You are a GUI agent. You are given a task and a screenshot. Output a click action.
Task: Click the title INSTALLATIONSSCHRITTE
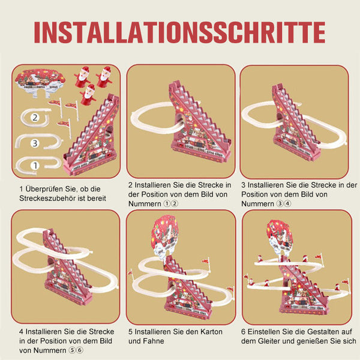pos(180,32)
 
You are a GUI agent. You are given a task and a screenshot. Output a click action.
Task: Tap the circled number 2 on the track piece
pos(35,118)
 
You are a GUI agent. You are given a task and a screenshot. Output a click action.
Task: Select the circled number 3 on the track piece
pos(35,143)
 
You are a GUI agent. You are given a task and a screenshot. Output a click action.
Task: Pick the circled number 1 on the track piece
pos(35,166)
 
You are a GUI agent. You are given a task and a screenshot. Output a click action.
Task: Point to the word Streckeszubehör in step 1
pos(48,199)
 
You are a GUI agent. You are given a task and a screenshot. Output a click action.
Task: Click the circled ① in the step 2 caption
pos(166,203)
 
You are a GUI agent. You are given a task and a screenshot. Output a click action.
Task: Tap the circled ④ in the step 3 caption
pos(287,203)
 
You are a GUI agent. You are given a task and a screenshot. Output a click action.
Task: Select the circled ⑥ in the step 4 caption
pos(80,350)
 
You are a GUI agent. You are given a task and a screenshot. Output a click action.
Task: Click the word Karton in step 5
pos(211,332)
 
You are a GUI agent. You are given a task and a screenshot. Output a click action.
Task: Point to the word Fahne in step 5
pos(154,341)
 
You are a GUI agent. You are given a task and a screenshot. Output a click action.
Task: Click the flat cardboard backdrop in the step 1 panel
pos(40,82)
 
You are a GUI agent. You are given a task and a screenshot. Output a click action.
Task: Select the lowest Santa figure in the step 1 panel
pos(89,95)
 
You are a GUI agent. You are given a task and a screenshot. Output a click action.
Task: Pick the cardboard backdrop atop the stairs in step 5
pos(164,238)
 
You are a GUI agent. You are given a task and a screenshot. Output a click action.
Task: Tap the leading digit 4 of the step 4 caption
pos(22,332)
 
